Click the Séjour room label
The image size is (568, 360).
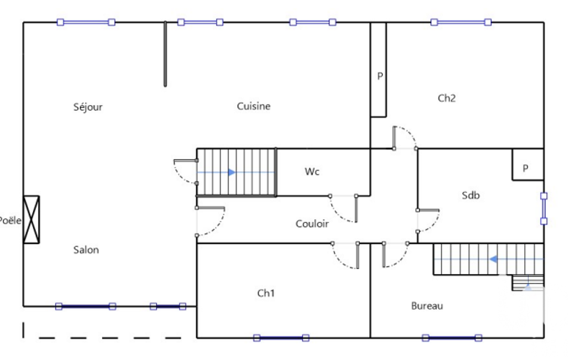tap(88, 107)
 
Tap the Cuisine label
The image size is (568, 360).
tap(254, 106)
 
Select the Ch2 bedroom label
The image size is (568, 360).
tap(447, 98)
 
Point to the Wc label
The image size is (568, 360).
tap(312, 171)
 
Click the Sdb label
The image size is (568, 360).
tap(470, 196)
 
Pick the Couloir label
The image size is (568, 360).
tap(312, 224)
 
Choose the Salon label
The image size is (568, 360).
tap(86, 250)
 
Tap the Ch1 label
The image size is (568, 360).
tap(266, 293)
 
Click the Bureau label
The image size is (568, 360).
tap(427, 306)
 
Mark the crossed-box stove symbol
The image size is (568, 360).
tap(32, 219)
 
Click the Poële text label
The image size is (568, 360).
tap(10, 220)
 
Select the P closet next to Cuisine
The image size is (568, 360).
tap(378, 70)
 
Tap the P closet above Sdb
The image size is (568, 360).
tap(528, 164)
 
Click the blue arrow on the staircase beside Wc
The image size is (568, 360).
tap(232, 172)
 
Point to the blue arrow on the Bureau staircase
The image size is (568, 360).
tap(493, 259)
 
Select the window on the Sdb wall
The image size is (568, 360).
tap(544, 209)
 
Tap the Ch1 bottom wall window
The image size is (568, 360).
tap(281, 338)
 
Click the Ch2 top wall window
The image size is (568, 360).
tap(461, 23)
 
